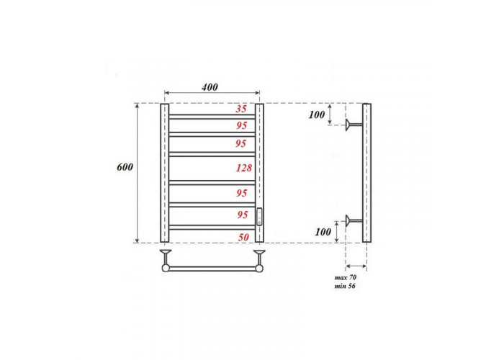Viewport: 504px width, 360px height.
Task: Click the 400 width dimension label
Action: point(210,87)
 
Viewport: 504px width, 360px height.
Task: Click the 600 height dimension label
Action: point(125,167)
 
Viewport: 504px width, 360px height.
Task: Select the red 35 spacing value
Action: point(241,109)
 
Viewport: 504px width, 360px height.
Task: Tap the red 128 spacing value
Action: point(244,168)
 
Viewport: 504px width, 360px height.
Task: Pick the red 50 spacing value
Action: point(243,237)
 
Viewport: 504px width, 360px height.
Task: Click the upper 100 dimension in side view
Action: point(317,114)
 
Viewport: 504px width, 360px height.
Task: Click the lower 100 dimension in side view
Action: point(323,232)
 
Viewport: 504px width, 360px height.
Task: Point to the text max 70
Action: point(345,277)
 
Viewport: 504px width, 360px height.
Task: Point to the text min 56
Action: point(345,286)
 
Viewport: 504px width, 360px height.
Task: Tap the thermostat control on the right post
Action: point(259,217)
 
